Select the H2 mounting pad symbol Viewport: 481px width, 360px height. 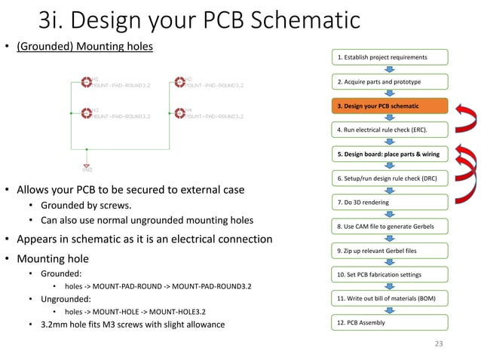pyautogui.click(x=179, y=81)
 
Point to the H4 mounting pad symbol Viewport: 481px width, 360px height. pyautogui.click(x=179, y=114)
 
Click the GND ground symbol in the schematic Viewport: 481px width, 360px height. pyautogui.click(x=87, y=166)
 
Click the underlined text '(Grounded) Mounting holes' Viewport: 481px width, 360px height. pyautogui.click(x=84, y=47)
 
